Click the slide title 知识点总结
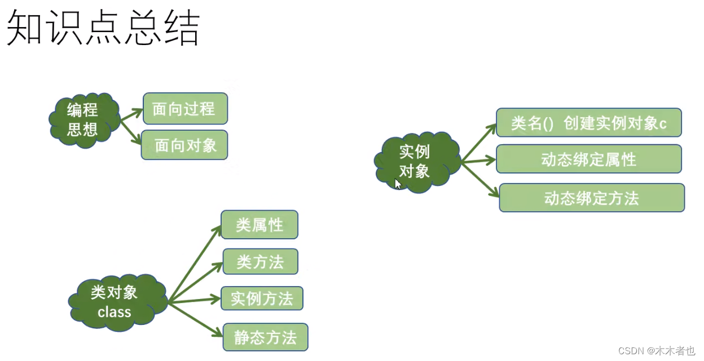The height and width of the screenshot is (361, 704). [x=103, y=29]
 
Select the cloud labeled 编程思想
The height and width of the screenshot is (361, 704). [x=83, y=120]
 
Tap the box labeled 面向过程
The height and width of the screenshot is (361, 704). [x=185, y=109]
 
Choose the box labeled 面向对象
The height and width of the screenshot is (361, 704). [x=185, y=145]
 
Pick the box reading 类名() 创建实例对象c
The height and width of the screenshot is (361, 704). [x=588, y=123]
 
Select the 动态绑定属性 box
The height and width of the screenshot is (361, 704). [x=588, y=159]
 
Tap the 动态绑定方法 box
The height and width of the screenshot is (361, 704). [x=591, y=198]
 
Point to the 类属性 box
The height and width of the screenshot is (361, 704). [x=259, y=225]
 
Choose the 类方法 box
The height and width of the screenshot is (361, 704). [x=259, y=262]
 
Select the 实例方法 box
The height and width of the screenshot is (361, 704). [x=262, y=298]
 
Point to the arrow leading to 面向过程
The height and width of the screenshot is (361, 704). [x=131, y=114]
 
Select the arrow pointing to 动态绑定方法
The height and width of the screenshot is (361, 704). [x=481, y=180]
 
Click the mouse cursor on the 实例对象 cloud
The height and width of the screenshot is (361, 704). [x=398, y=184]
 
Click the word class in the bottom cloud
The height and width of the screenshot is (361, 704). [x=114, y=312]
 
